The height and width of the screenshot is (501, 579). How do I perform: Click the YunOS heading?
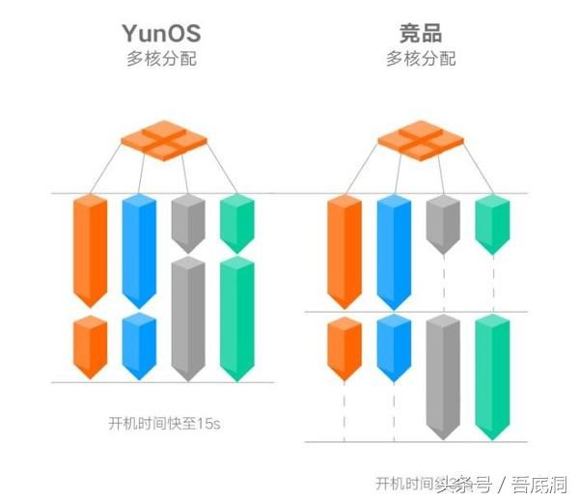point(161,33)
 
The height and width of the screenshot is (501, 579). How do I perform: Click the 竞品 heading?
point(421,33)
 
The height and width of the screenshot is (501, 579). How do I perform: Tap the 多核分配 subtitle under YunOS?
point(161,59)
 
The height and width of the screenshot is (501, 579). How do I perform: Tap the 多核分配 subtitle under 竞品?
point(421,59)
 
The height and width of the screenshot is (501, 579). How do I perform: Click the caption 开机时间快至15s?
point(159,423)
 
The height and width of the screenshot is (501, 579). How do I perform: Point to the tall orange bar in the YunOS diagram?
point(91,249)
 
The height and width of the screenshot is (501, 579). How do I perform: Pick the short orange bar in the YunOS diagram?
point(91,347)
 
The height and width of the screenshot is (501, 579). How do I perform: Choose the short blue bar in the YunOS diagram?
point(139,346)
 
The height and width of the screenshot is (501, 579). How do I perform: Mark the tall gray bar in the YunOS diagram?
point(187,320)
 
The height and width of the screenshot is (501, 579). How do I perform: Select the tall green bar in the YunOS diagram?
point(236,320)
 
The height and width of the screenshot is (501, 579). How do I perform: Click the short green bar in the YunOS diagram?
point(236,224)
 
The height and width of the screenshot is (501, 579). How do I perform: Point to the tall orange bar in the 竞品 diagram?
point(345,251)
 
